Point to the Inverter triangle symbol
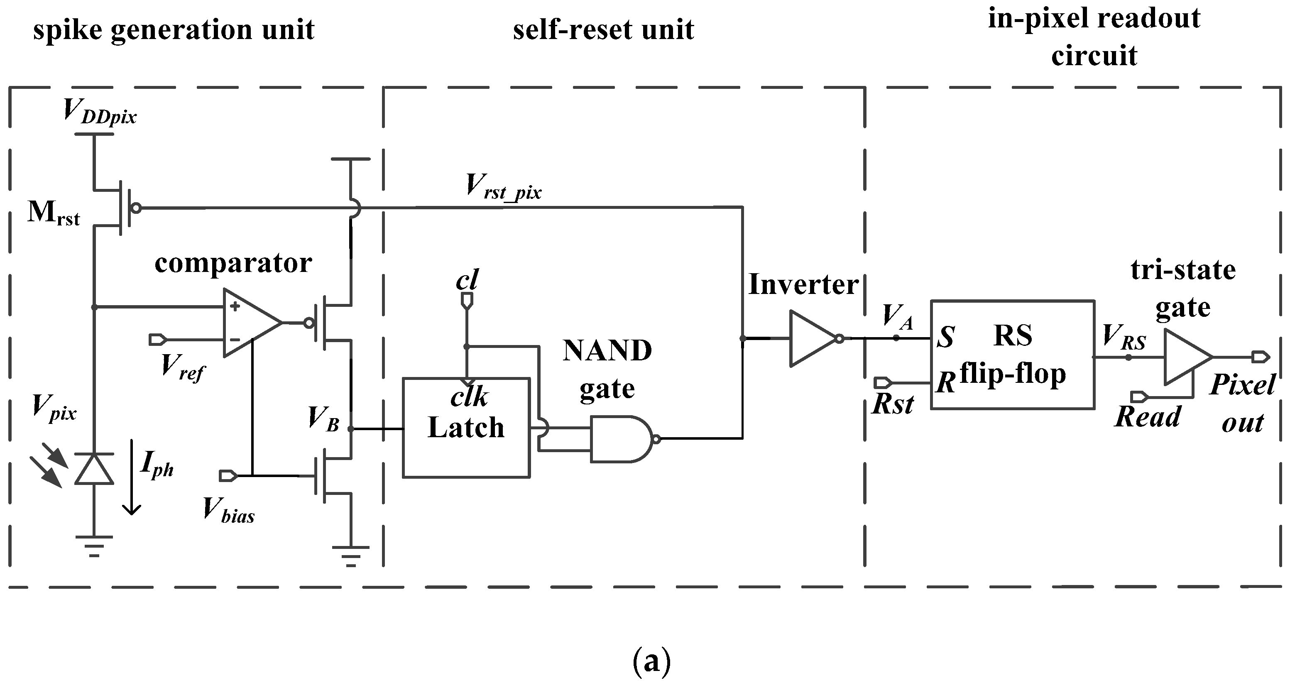pyautogui.click(x=811, y=338)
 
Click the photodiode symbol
pyautogui.click(x=94, y=469)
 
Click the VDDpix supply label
pyautogui.click(x=100, y=111)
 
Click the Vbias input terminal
pyautogui.click(x=228, y=475)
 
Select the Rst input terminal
pyautogui.click(x=882, y=383)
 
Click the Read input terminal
pyautogui.click(x=1139, y=397)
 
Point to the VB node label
pyautogui.click(x=323, y=419)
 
